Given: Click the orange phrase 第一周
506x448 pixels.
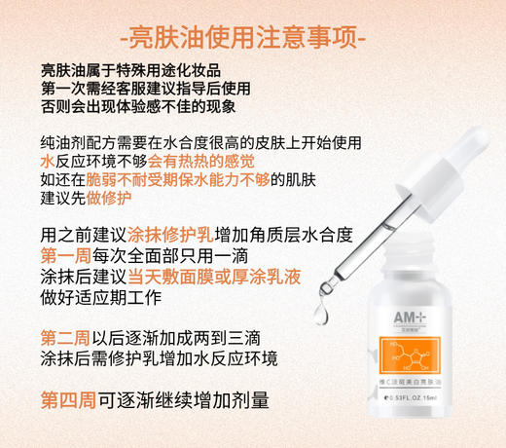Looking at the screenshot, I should (x=65, y=255).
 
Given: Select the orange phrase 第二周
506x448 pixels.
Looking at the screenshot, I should (x=65, y=338).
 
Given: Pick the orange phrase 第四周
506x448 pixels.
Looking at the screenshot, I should (x=65, y=400).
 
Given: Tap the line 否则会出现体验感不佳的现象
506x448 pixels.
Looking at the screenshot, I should (x=137, y=107).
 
